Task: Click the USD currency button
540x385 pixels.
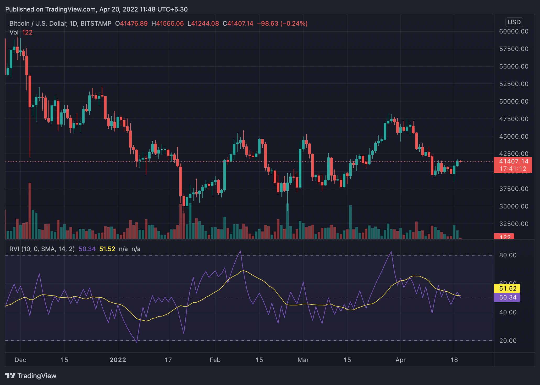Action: [514, 22]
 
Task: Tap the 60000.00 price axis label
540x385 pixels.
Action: [514, 31]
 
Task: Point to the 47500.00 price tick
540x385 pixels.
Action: [514, 119]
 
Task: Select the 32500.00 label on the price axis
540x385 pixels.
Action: [514, 224]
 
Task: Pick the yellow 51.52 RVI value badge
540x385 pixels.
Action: [508, 288]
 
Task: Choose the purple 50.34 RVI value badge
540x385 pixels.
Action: [508, 297]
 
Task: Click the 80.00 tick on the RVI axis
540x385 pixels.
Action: [508, 255]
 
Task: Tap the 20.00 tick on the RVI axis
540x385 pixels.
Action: [508, 341]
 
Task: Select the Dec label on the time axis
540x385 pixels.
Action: [20, 360]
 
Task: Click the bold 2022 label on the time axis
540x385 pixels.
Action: [118, 360]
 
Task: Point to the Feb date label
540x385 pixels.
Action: [215, 360]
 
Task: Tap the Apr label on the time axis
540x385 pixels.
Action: [400, 360]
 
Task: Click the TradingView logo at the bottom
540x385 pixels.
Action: [31, 376]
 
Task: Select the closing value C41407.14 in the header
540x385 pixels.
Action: [238, 24]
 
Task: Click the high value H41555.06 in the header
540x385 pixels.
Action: [168, 24]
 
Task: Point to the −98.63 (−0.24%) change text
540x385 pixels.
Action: [282, 24]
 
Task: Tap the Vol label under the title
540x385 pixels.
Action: [14, 32]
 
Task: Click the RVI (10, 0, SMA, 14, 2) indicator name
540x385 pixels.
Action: [42, 249]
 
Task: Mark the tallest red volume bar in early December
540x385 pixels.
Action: [30, 211]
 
